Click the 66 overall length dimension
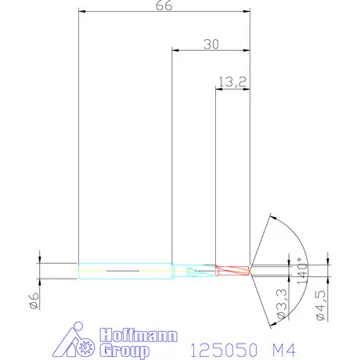pos(164,5)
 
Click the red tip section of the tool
pos(232,268)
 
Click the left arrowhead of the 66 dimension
pos(82,12)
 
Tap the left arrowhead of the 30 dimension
pos(175,50)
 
